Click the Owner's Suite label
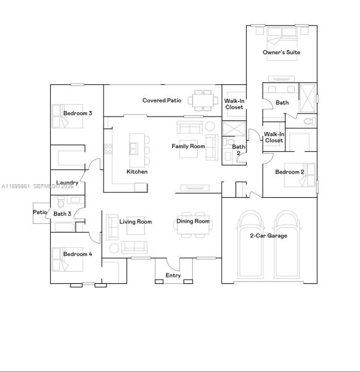(x=281, y=53)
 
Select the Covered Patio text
(x=162, y=100)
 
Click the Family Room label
(x=188, y=146)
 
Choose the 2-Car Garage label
(x=269, y=236)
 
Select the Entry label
(x=173, y=275)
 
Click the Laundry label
(x=66, y=183)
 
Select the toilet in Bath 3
(x=60, y=203)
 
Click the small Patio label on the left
(x=40, y=212)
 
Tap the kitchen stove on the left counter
(x=108, y=148)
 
